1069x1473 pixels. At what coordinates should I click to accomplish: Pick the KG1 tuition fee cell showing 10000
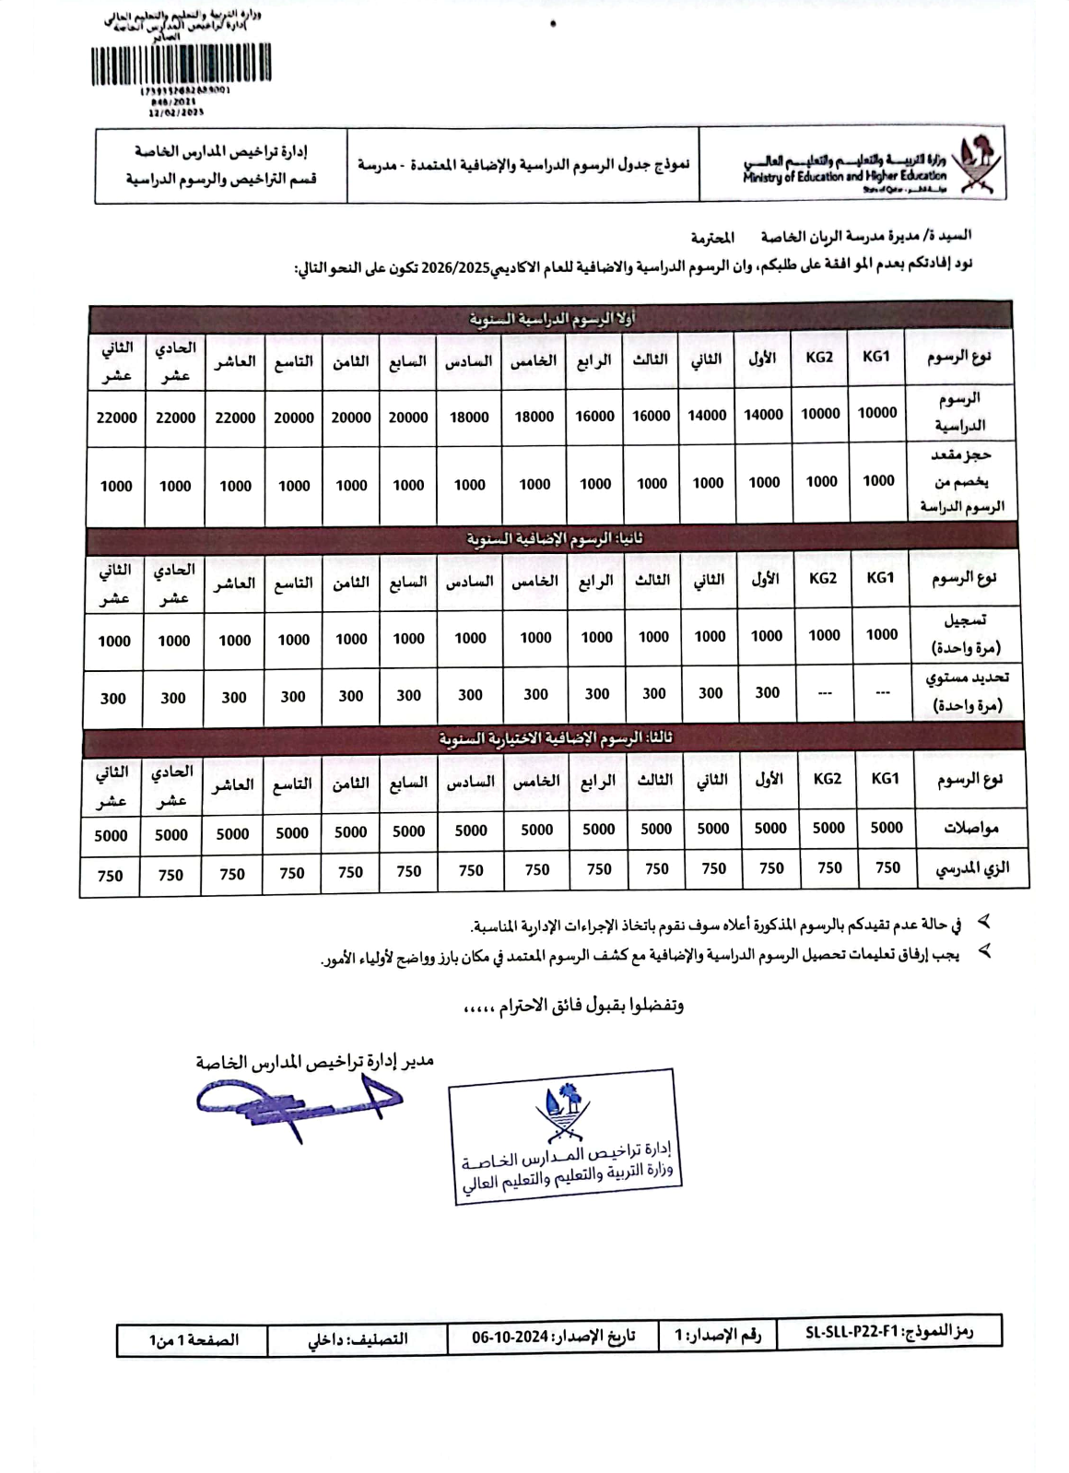[x=877, y=413]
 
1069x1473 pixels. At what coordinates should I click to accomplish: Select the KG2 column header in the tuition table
[x=819, y=357]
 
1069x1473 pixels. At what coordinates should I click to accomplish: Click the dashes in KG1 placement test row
[x=882, y=692]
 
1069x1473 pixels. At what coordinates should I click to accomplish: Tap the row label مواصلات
[x=971, y=828]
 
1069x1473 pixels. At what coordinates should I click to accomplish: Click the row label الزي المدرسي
[x=972, y=867]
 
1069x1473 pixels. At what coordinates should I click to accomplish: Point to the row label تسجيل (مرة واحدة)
[x=967, y=635]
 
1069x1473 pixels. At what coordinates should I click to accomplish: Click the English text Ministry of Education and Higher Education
[x=844, y=175]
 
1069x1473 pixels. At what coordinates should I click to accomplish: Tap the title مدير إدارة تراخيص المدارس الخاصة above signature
[x=314, y=1061]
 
